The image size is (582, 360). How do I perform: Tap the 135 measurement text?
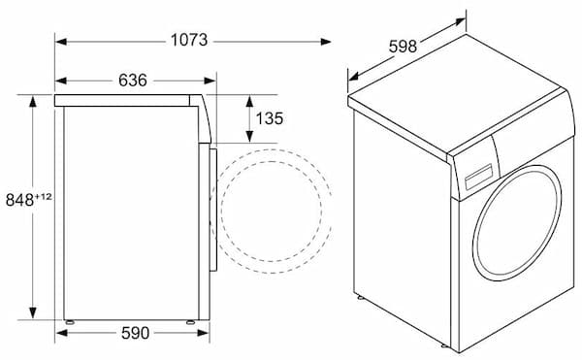tap(269, 118)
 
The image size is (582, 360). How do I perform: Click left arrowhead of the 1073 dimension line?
tap(59, 41)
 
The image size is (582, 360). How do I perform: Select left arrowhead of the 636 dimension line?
tap(59, 81)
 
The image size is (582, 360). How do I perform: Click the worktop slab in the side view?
tap(126, 100)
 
